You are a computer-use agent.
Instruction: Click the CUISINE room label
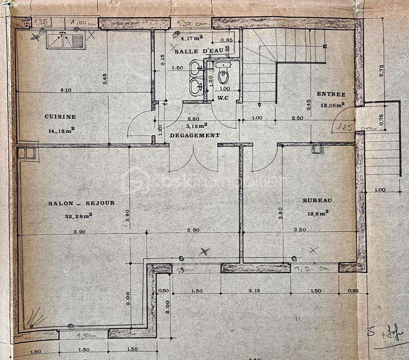(60, 117)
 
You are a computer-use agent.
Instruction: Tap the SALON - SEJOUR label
(81, 203)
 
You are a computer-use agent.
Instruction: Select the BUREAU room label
(317, 200)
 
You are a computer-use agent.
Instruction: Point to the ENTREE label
(331, 94)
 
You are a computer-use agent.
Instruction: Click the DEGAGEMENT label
(195, 135)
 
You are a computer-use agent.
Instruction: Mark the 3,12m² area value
(197, 126)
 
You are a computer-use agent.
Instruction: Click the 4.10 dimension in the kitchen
(66, 90)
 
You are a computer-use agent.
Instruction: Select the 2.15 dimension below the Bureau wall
(255, 291)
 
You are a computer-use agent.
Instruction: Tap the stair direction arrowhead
(259, 105)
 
